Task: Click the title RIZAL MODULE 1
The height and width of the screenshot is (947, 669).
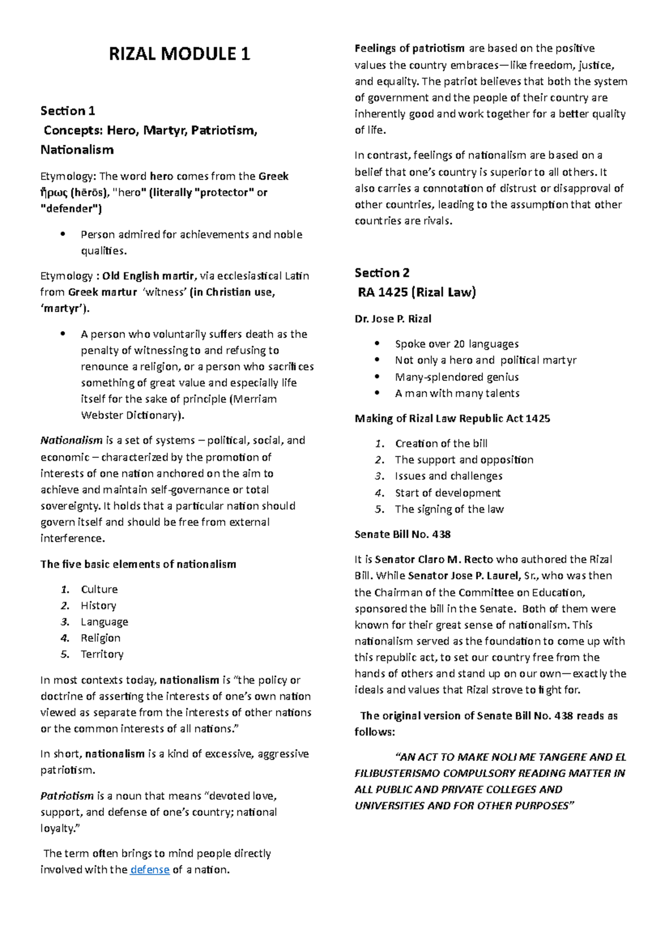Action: click(x=179, y=54)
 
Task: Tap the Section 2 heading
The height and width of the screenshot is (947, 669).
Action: click(x=382, y=273)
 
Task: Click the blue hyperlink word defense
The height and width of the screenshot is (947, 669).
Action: click(x=149, y=869)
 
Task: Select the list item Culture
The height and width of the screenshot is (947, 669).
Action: click(x=99, y=590)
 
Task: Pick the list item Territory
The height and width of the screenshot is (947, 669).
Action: click(x=102, y=654)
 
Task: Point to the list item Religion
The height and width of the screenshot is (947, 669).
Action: click(x=100, y=638)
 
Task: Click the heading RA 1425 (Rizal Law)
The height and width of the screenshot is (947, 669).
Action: click(x=416, y=292)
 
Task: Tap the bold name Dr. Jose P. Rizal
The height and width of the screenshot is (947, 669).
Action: click(x=393, y=319)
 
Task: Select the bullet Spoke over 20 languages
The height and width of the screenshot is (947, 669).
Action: click(x=457, y=344)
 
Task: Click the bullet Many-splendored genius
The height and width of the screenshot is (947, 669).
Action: click(x=457, y=377)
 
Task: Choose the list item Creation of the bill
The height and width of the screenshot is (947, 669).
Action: click(x=441, y=444)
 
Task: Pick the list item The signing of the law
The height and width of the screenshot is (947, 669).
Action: click(x=449, y=509)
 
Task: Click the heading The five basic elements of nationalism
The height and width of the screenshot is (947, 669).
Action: click(x=138, y=564)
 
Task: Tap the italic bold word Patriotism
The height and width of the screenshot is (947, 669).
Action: click(x=67, y=796)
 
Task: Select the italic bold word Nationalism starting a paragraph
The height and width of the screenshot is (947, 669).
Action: click(x=71, y=441)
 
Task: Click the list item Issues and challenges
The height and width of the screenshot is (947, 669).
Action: click(x=449, y=476)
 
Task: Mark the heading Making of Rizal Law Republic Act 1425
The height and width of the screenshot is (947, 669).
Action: click(x=452, y=419)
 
